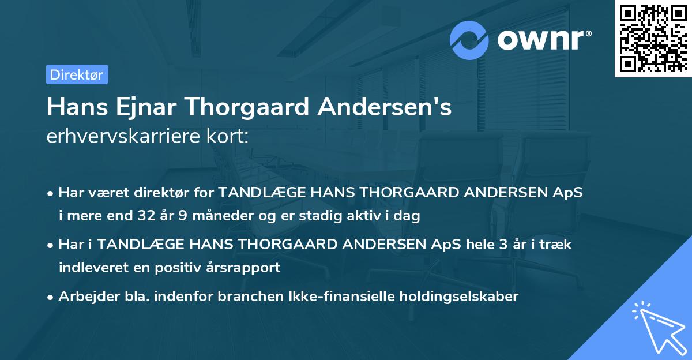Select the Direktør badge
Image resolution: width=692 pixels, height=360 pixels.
point(77,74)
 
